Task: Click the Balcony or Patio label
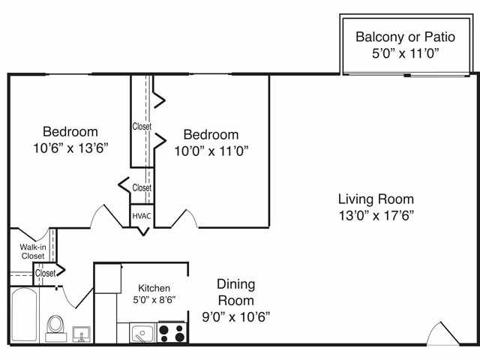click(404, 36)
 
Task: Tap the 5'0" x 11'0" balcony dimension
click(404, 53)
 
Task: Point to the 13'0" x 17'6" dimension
click(376, 215)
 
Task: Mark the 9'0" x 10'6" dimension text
click(236, 316)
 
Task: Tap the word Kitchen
click(154, 288)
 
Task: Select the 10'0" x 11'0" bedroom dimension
click(211, 150)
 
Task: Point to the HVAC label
click(142, 216)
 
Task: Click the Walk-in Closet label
click(31, 250)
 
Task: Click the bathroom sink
click(82, 333)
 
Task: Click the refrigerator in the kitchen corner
click(106, 278)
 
